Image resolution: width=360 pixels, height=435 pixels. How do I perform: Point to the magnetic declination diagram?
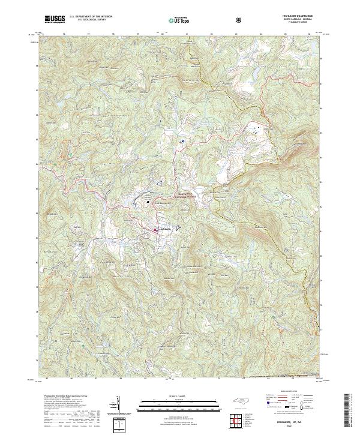click(117, 403)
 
